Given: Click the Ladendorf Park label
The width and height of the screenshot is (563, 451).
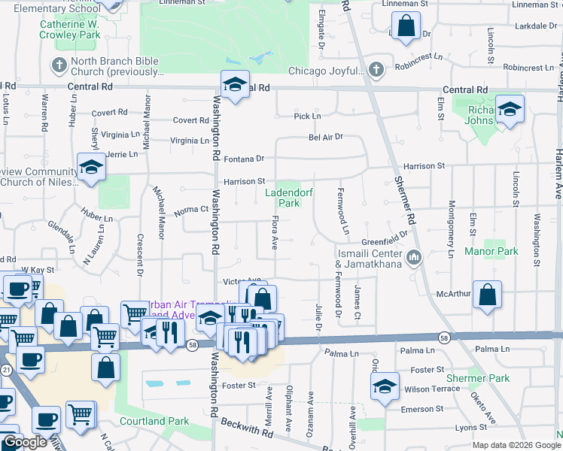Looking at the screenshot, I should pyautogui.click(x=283, y=198).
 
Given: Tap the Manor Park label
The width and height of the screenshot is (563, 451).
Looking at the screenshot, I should pyautogui.click(x=491, y=251).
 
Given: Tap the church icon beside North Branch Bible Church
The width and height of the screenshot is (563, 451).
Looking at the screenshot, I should pyautogui.click(x=58, y=64).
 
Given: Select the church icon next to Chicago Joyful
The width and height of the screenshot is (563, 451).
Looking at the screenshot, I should pyautogui.click(x=376, y=71).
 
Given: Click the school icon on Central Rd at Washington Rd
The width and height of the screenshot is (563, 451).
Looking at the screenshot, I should pyautogui.click(x=234, y=84).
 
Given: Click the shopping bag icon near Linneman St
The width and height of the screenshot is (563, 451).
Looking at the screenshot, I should pyautogui.click(x=405, y=26).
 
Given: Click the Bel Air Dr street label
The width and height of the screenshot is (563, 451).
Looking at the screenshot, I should pyautogui.click(x=325, y=137).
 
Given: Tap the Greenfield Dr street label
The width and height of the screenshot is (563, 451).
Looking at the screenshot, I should pyautogui.click(x=384, y=241).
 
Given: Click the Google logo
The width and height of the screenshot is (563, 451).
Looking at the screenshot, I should pyautogui.click(x=24, y=442).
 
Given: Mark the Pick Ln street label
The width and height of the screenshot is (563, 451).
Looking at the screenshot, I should pyautogui.click(x=306, y=117).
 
